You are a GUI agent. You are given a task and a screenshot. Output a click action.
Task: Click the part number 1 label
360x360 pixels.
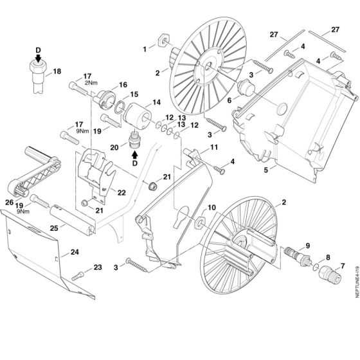[x=145, y=48]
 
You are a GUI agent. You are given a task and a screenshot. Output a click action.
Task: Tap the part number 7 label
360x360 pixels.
[x=341, y=266]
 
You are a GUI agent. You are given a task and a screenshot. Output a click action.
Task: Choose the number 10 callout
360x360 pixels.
[x=212, y=208]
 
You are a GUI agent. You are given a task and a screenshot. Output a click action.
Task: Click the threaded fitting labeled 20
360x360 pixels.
[x=135, y=139]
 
